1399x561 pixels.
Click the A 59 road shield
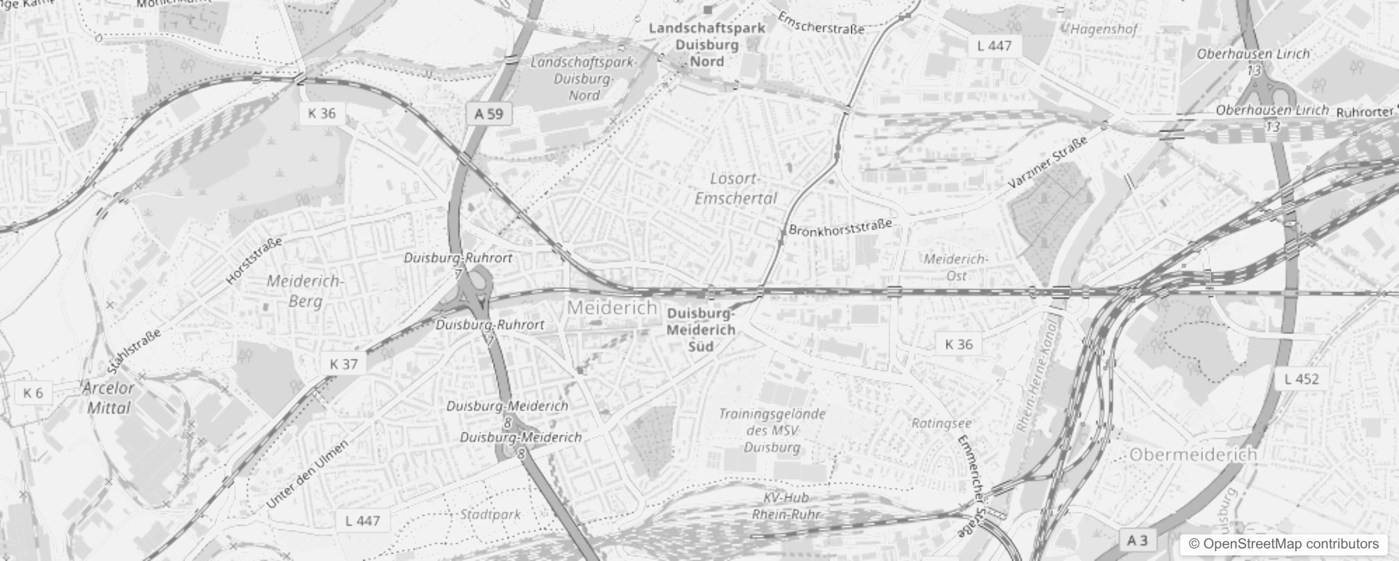(489, 114)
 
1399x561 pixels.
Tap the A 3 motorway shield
(1137, 540)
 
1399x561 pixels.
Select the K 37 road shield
(343, 364)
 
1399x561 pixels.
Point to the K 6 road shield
(33, 393)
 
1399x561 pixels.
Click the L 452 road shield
(1302, 379)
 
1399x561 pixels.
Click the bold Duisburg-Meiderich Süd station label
(701, 330)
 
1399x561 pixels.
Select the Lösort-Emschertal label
(735, 189)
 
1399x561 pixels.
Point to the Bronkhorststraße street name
(840, 227)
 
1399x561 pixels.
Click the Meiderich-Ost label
(956, 267)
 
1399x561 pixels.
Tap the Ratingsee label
(941, 424)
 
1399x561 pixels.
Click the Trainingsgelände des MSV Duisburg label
(772, 431)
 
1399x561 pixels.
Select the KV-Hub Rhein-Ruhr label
(786, 506)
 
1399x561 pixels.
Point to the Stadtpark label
(490, 514)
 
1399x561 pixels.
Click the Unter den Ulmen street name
(307, 475)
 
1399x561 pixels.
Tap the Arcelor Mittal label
(109, 398)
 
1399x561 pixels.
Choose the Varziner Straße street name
(1048, 162)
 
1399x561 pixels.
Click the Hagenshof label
(1104, 29)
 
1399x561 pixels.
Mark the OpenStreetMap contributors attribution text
(1283, 544)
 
